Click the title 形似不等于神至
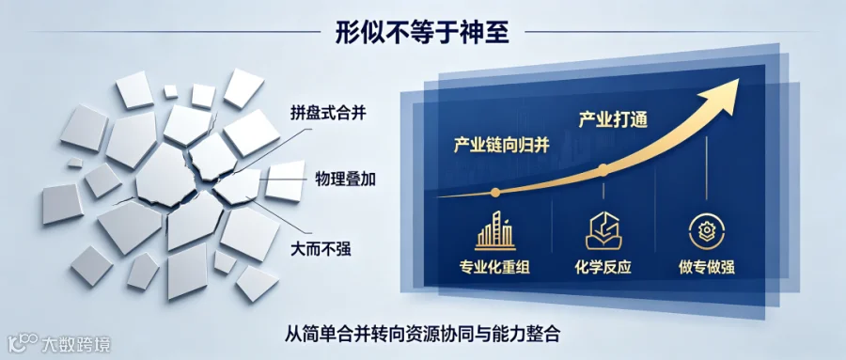(422, 32)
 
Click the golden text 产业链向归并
(501, 146)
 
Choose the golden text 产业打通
(613, 119)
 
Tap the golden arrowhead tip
(738, 79)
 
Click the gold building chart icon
(494, 230)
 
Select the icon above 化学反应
(603, 231)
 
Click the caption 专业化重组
(494, 267)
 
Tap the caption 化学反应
(603, 267)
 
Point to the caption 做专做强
(706, 267)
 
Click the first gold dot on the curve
(495, 192)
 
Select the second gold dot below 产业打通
(603, 171)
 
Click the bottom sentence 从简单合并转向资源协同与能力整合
(422, 334)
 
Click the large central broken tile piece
(165, 176)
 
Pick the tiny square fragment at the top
(170, 91)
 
